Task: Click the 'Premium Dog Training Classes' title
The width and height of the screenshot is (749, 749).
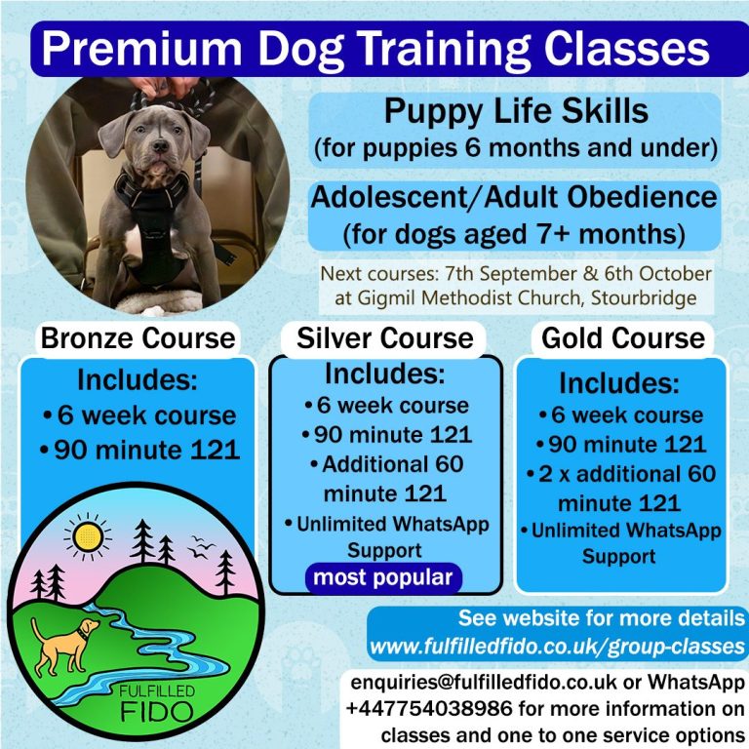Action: pos(375,49)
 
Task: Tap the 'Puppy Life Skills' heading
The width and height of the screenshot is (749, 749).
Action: pos(516,111)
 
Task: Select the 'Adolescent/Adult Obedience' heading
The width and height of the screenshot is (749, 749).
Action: pos(514,197)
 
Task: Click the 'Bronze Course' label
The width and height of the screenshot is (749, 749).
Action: pos(138,338)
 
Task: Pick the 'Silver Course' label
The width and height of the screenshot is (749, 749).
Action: pos(385,338)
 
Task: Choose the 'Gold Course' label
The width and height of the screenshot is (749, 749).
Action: pos(623,338)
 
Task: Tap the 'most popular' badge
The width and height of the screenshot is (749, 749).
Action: pos(383,578)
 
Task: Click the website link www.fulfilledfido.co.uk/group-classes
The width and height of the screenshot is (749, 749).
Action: pos(557,647)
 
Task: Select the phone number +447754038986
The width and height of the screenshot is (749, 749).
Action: pos(429,708)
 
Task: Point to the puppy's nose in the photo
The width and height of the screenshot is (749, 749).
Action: pos(161,145)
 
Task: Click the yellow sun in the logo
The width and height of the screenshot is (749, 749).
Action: pos(88,536)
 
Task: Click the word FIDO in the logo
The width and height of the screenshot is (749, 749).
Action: pos(157,713)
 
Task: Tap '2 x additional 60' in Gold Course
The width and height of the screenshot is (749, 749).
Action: pos(627,474)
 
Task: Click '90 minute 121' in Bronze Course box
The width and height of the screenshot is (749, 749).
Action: pos(147,450)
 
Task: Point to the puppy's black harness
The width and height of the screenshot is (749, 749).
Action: pos(153,224)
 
